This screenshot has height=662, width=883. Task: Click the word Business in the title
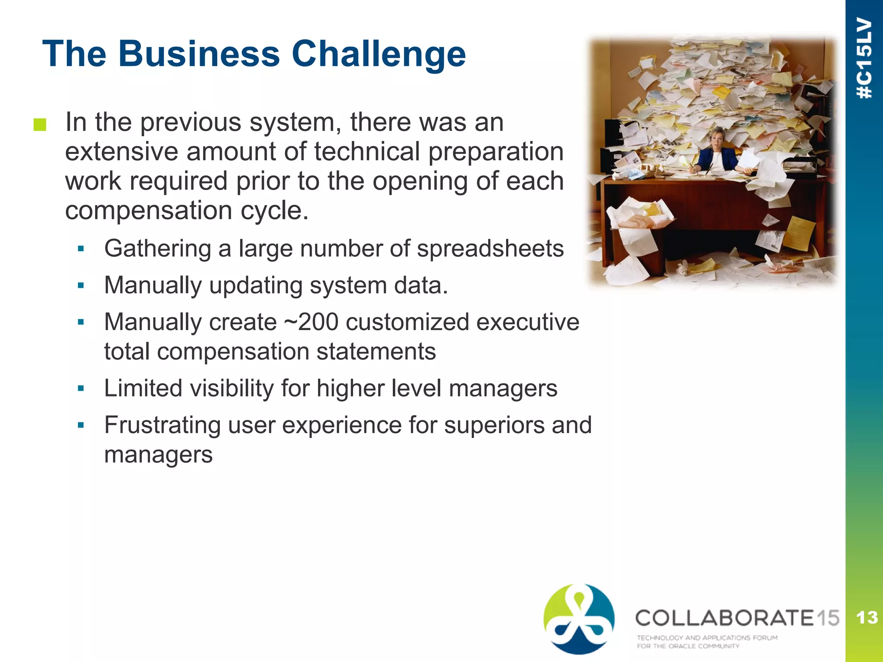tap(199, 54)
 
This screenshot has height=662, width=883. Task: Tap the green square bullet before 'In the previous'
tap(40, 125)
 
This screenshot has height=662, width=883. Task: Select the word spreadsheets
tap(490, 249)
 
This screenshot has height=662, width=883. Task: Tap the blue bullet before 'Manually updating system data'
tap(81, 285)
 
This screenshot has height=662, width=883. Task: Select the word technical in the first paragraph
tap(366, 152)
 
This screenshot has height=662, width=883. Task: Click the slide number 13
tap(867, 618)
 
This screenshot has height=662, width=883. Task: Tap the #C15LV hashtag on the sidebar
tap(864, 58)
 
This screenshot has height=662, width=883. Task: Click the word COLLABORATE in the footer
tap(724, 618)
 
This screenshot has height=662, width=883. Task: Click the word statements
tap(376, 352)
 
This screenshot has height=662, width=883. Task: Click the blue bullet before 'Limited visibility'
tap(81, 388)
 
